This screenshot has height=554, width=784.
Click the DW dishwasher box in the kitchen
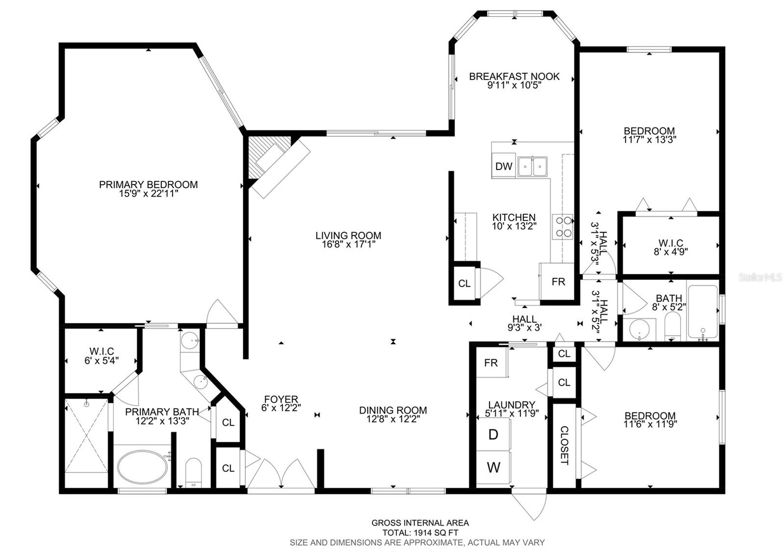[x=504, y=166]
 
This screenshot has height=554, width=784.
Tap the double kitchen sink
[x=532, y=167]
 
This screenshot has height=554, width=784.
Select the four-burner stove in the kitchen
[x=563, y=227]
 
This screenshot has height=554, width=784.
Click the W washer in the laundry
[x=493, y=468]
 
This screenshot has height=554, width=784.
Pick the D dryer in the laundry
[x=493, y=434]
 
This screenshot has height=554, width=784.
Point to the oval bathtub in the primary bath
[x=142, y=467]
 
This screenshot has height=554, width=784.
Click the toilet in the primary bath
[x=194, y=473]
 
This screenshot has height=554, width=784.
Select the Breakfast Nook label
[x=514, y=76]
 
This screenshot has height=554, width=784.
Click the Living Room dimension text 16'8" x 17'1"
[x=348, y=244]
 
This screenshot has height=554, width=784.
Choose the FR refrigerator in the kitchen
[x=557, y=281]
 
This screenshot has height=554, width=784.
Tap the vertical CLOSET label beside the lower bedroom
[x=564, y=446]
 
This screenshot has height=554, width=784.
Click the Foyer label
[x=281, y=399]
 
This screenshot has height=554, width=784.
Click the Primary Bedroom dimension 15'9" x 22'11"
[x=149, y=194]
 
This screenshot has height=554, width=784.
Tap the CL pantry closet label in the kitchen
[x=465, y=283]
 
